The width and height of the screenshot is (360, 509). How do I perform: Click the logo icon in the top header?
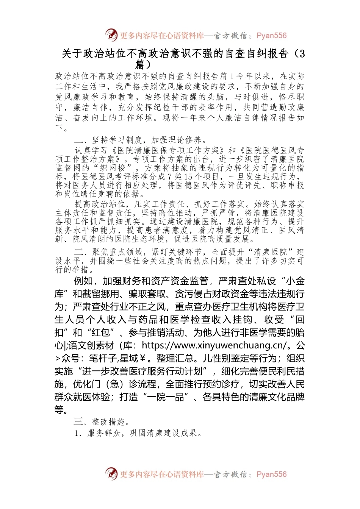coord(111,35)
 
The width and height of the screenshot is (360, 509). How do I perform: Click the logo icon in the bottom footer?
coord(111,474)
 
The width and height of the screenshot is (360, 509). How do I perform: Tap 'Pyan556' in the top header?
coord(271,36)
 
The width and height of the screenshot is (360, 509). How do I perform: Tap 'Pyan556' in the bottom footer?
coord(271,474)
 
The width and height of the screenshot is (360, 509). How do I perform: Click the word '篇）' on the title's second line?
coord(146,64)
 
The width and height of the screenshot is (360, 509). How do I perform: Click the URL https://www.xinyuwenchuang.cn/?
coord(224,345)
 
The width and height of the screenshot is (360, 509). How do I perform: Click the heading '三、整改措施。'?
coord(102,422)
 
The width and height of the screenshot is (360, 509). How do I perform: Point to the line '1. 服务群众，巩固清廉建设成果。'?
coord(138,433)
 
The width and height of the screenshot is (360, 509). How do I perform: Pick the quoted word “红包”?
coord(101,333)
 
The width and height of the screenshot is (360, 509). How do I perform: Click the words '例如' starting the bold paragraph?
coord(83,281)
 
